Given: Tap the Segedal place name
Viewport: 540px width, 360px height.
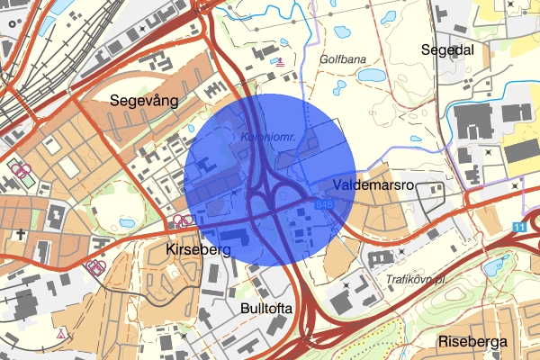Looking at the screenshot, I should [x=447, y=50].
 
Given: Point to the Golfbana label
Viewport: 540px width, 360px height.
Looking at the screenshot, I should [x=343, y=58].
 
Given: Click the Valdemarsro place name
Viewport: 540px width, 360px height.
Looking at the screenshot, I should [x=372, y=184].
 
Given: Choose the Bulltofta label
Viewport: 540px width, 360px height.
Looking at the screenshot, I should [x=267, y=309].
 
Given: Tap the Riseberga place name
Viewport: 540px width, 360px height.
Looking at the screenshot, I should [x=472, y=342].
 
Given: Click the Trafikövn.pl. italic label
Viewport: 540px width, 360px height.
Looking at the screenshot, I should [x=417, y=279].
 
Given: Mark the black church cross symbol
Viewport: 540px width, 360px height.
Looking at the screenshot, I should [x=19, y=235].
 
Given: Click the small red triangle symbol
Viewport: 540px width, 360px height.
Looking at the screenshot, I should [x=61, y=333].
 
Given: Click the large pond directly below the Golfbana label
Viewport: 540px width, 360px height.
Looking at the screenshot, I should [x=339, y=89].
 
